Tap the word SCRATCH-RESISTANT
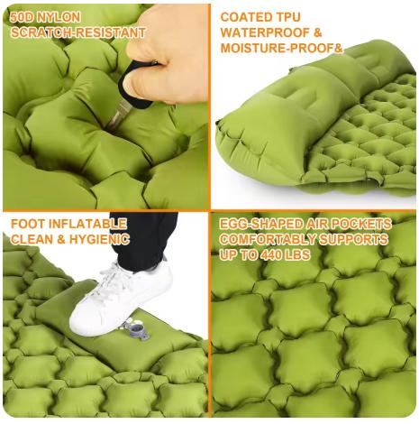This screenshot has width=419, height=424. (x=78, y=32)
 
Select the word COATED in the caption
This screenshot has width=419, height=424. (x=245, y=17)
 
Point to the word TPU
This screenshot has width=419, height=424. (x=287, y=17)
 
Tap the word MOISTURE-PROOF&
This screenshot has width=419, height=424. (x=282, y=49)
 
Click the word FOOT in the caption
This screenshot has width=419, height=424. (x=28, y=225)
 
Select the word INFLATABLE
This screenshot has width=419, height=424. (x=87, y=225)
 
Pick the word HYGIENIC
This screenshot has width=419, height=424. (x=99, y=240)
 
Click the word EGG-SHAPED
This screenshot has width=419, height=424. (x=261, y=225)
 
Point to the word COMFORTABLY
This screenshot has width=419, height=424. (x=268, y=240)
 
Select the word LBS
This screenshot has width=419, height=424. (x=298, y=255)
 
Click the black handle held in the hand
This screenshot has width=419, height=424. (x=136, y=88)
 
